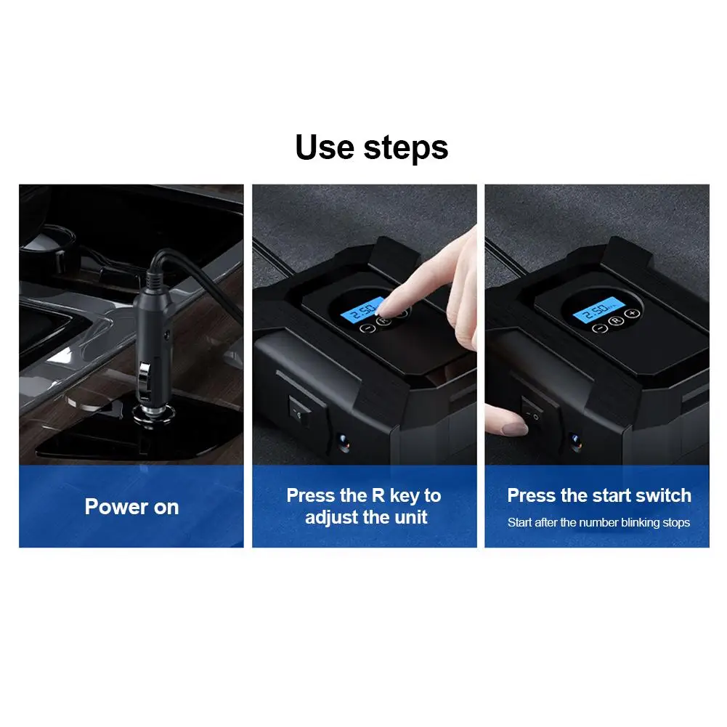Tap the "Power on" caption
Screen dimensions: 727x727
point(131,507)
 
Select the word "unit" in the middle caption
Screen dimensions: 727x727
point(407,518)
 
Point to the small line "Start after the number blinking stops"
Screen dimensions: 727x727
point(598,522)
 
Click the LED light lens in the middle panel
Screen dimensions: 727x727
point(341,439)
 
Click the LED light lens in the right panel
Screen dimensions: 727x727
point(575,439)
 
